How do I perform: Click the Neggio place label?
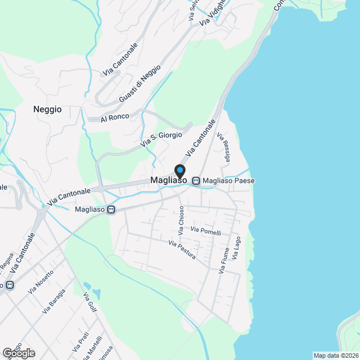[x=47, y=110]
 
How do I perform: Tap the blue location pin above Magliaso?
[x=179, y=170]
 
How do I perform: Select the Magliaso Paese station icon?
[x=196, y=181]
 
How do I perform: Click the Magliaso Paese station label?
[x=228, y=181]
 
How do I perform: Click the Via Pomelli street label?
[x=206, y=231]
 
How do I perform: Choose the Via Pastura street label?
[x=182, y=250]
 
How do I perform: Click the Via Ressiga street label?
[x=223, y=148]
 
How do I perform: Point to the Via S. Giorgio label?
[x=161, y=139]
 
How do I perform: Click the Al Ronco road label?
[x=115, y=117]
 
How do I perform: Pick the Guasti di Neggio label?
[x=139, y=84]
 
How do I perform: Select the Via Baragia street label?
[x=54, y=301]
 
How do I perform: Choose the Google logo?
[x=19, y=353]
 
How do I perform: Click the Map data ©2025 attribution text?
[x=336, y=355]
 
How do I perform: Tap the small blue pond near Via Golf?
[x=96, y=293]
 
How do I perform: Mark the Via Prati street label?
[x=80, y=341]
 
